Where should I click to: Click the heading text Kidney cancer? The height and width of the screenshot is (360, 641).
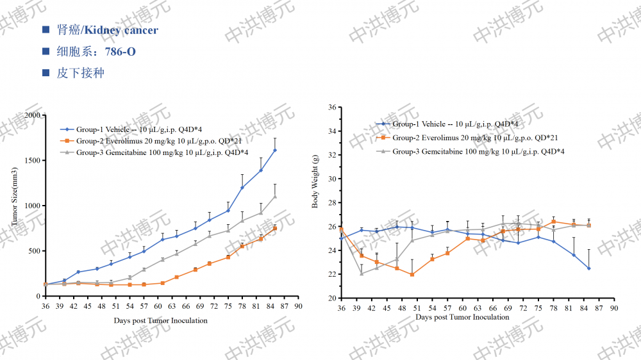click(121, 30)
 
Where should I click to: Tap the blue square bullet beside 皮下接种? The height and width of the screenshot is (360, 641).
click(46, 73)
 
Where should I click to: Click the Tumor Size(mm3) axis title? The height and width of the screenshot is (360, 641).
click(14, 205)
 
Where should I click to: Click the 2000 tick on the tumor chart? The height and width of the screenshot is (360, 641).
click(32, 115)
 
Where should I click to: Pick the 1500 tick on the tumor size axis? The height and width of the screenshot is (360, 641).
click(32, 161)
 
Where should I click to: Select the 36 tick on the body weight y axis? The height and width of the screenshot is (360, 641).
click(332, 107)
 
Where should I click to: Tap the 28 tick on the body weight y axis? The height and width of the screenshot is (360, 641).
click(332, 202)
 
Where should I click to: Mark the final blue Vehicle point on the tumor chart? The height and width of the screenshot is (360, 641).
click(275, 150)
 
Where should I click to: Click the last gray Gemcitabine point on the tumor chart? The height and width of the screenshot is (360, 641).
click(275, 196)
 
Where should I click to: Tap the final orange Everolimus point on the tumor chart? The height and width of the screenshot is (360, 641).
click(275, 228)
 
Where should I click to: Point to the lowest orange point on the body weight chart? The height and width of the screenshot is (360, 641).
click(412, 275)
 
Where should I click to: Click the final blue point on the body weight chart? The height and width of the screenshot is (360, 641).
click(588, 268)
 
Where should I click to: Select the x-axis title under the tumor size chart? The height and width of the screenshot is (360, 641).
click(161, 320)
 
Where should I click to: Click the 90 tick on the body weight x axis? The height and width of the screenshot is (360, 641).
click(613, 308)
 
